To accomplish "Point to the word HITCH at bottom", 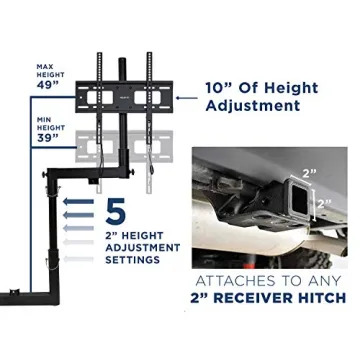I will [x=319, y=298].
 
